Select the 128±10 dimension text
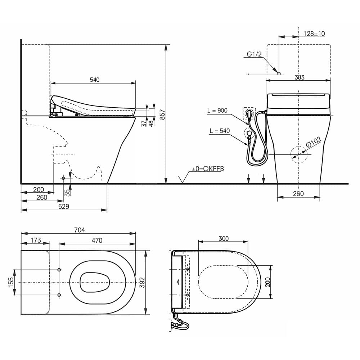314,33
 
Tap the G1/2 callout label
254,54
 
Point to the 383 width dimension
299,77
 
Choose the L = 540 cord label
219,131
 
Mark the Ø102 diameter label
314,143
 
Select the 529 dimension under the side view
63,206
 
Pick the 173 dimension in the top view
36,240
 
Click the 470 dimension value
96,240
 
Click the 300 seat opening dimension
223,239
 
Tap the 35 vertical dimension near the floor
67,192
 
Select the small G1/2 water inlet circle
279,73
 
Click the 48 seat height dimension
151,123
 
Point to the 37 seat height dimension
144,123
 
